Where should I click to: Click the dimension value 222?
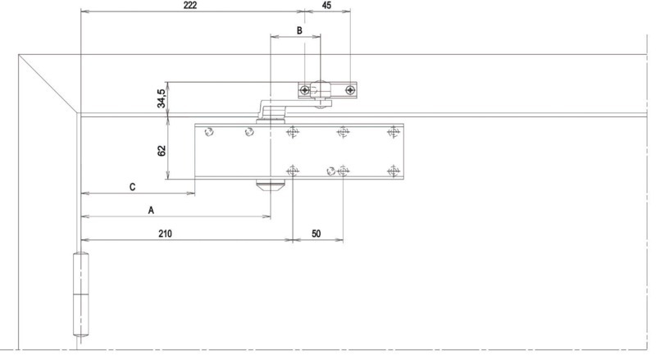click(x=190, y=5)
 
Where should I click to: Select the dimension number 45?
click(x=326, y=5)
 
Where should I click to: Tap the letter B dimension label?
click(x=299, y=30)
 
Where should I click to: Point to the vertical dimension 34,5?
click(x=162, y=98)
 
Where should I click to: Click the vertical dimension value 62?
click(x=162, y=151)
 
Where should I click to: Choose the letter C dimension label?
click(x=132, y=187)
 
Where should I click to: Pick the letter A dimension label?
click(x=151, y=210)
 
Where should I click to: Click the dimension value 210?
click(x=166, y=234)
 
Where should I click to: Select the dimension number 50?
click(x=317, y=234)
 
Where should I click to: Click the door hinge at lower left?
click(x=80, y=294)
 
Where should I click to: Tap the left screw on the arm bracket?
click(x=305, y=90)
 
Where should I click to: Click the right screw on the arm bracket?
click(x=350, y=90)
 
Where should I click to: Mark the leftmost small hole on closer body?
click(x=209, y=132)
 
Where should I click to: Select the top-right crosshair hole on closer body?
click(x=393, y=132)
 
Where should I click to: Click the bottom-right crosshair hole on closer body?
click(x=393, y=171)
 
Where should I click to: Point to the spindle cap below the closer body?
click(x=271, y=185)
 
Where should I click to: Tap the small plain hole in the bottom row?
click(x=330, y=171)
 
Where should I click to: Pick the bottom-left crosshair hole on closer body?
click(x=293, y=171)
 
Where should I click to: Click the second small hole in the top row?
click(x=249, y=132)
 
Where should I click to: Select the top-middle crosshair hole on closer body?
click(x=343, y=132)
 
